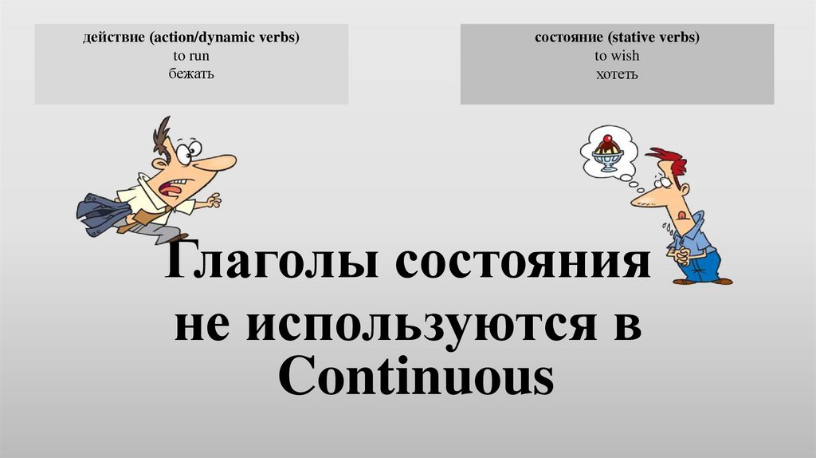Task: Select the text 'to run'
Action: pos(191,57)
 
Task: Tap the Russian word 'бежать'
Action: pos(191,73)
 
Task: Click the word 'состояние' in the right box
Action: pos(564,39)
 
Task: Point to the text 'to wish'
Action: pos(617,57)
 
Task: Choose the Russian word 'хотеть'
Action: pos(617,74)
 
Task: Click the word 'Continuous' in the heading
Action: pos(415,378)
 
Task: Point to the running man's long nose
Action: pos(216,162)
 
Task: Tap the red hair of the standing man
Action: pos(669,160)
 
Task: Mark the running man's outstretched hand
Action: pos(213,200)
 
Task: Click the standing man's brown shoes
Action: pos(701,281)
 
